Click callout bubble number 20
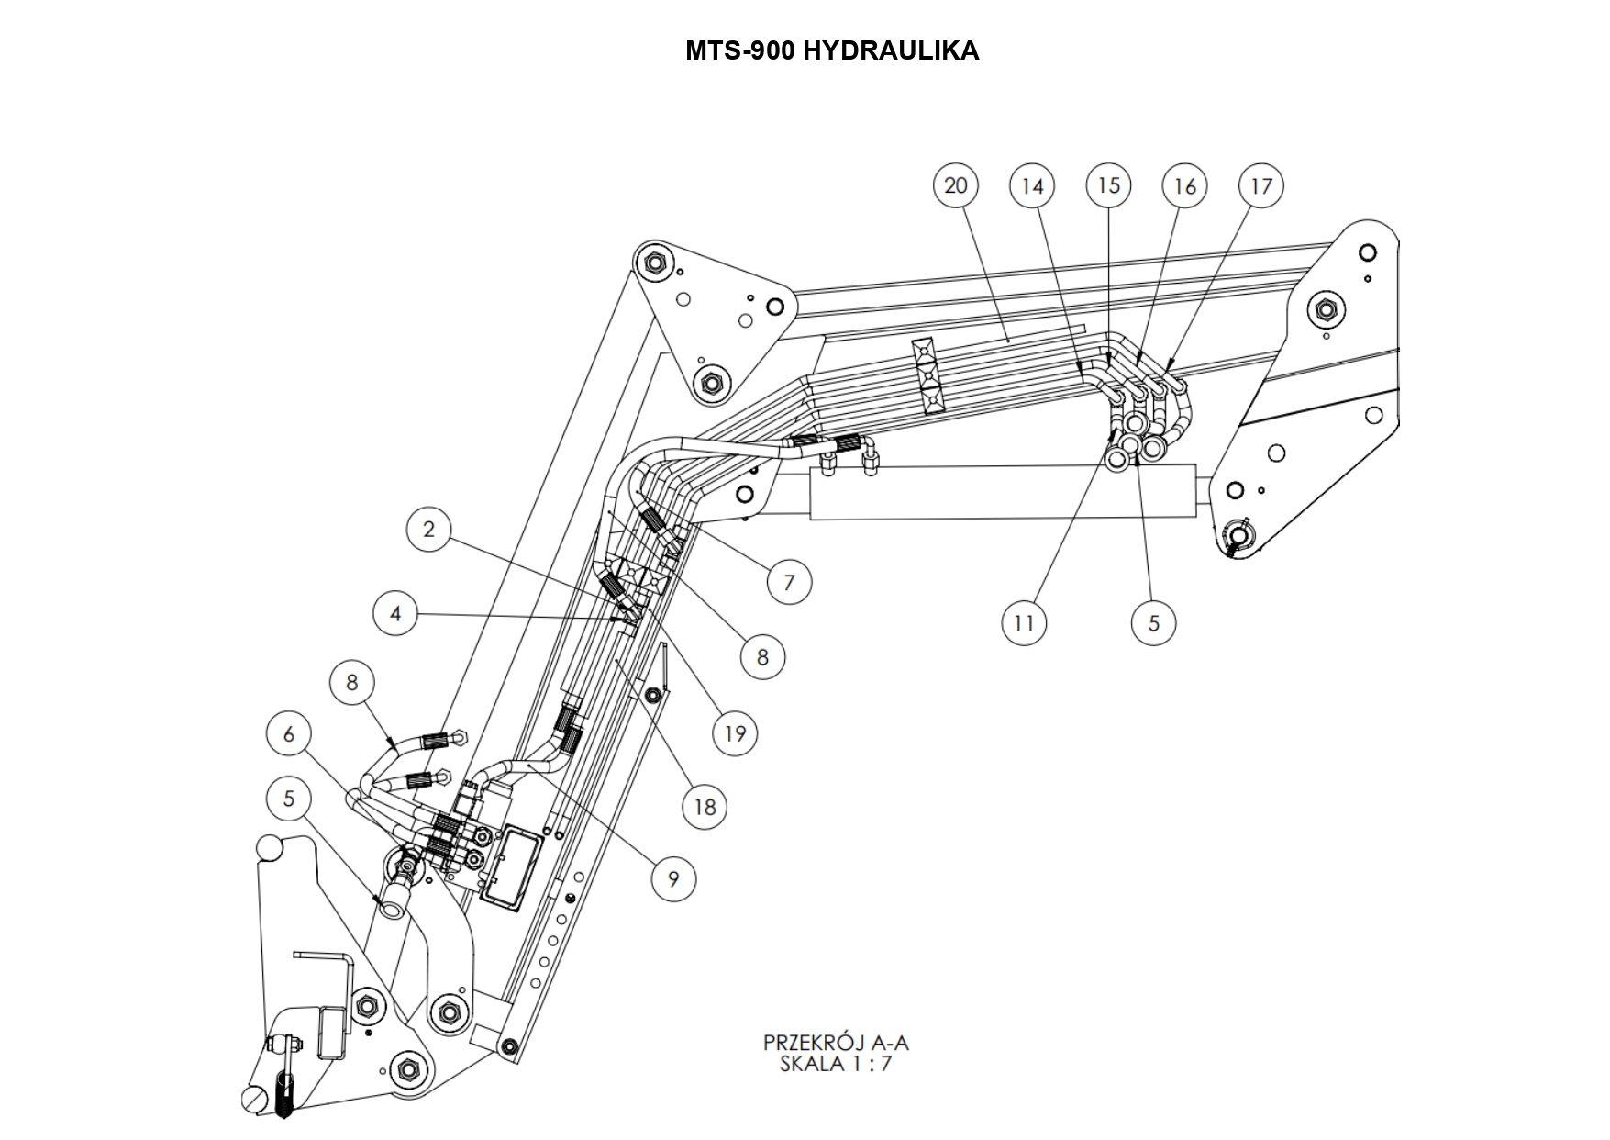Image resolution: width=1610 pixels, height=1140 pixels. coord(955,185)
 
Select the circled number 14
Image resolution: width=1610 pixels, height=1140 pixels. coord(1032,186)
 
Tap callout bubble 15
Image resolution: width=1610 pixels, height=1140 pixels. coord(1108,185)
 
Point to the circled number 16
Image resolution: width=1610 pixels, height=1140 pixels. coord(1184,186)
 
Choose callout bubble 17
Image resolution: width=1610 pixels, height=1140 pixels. coord(1261,186)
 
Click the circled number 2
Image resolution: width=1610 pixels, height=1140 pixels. coord(428,529)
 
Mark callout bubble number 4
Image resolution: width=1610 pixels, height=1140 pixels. coord(395,613)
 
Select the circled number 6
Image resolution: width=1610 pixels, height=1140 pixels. coord(289,734)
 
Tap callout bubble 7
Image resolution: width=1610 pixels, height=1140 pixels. coord(789,582)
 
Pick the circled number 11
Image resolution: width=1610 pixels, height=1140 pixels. coord(1024,623)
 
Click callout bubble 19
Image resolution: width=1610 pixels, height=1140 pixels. coord(735,733)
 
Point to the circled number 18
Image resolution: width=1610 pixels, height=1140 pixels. coord(705,807)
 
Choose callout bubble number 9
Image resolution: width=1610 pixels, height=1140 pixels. coord(673,879)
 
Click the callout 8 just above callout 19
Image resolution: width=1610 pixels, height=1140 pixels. coord(762,657)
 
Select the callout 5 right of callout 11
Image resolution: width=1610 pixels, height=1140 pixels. coord(1153,623)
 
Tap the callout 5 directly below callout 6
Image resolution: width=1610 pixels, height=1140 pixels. coord(289,799)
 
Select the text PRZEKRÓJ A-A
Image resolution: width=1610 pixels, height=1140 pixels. coord(836,1043)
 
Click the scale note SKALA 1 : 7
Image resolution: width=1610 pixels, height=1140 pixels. coord(836,1065)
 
